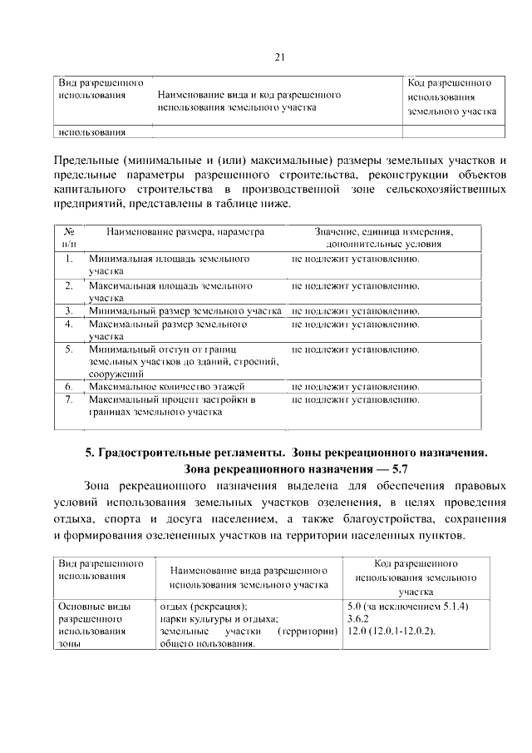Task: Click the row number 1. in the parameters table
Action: click(69, 260)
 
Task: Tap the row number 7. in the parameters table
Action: click(69, 400)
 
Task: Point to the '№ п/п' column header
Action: click(69, 238)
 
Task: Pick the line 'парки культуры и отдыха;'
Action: click(217, 619)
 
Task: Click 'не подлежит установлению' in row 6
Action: click(355, 387)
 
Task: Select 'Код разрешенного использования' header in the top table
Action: click(453, 97)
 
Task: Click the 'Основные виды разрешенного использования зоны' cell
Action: click(96, 626)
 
